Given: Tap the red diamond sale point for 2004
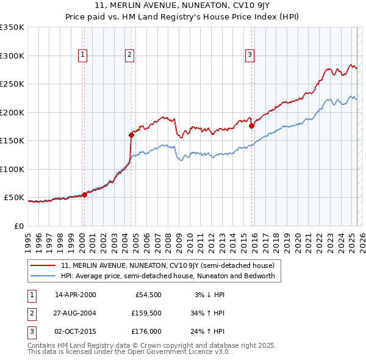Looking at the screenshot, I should point(131,135).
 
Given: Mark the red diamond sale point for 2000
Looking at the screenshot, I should point(84,195).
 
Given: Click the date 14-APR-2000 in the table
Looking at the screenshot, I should point(76,295).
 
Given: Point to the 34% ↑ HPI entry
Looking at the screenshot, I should point(208,314).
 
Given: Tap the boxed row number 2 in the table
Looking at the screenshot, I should point(30,314).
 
